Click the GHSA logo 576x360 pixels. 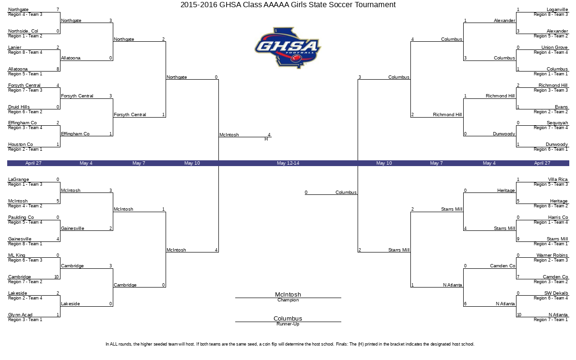(x=288, y=48)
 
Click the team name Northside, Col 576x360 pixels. (x=23, y=31)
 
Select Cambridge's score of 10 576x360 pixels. (x=57, y=277)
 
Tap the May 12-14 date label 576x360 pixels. (x=288, y=163)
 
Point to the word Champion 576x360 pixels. (x=288, y=300)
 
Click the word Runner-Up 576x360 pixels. (x=288, y=324)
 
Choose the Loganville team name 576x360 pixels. (x=557, y=10)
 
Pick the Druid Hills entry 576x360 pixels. (x=19, y=107)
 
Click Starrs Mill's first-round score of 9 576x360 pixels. (x=518, y=239)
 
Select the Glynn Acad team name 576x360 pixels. (x=20, y=315)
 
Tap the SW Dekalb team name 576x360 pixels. (x=556, y=293)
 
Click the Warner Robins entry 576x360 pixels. (x=552, y=255)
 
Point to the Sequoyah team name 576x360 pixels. (x=557, y=123)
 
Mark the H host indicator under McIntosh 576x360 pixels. (x=266, y=139)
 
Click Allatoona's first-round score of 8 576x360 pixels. (x=58, y=69)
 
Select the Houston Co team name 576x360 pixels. (x=21, y=144)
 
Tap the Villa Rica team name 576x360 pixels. (x=558, y=180)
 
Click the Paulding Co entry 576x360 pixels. (x=21, y=217)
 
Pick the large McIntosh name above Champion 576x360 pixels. (x=288, y=294)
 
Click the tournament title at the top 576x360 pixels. (x=288, y=5)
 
